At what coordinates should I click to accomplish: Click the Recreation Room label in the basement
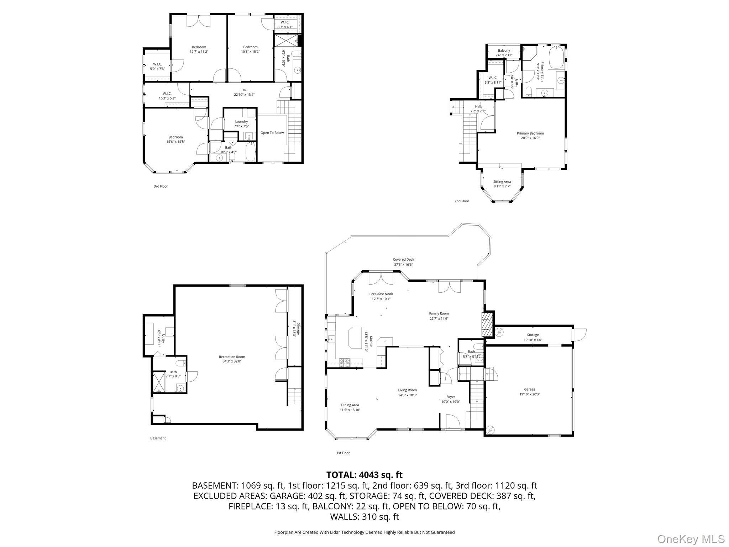coord(232,359)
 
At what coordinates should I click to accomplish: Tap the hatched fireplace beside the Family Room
coord(487,324)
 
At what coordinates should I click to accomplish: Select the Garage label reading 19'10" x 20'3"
coord(529,392)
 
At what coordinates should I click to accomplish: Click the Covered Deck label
coord(403,262)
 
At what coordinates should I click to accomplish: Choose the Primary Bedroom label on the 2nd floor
coord(530,135)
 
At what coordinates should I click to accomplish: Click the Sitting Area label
coord(502,184)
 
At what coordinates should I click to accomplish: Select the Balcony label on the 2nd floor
coord(504,53)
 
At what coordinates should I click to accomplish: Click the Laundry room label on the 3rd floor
coord(241,124)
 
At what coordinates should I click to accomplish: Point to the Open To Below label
coord(272,133)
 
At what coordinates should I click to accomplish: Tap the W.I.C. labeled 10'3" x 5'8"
coord(167,96)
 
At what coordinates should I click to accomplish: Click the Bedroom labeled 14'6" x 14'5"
coord(175,139)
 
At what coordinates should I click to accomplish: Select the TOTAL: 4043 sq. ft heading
coord(364,475)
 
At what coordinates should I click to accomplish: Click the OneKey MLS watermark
coord(691,539)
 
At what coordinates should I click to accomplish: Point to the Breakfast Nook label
coord(381,296)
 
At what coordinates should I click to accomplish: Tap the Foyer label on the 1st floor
coord(451,399)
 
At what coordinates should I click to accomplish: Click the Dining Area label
coord(350,407)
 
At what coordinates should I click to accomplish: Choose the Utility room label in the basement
coord(161,338)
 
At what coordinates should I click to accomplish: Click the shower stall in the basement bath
coord(159,382)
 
